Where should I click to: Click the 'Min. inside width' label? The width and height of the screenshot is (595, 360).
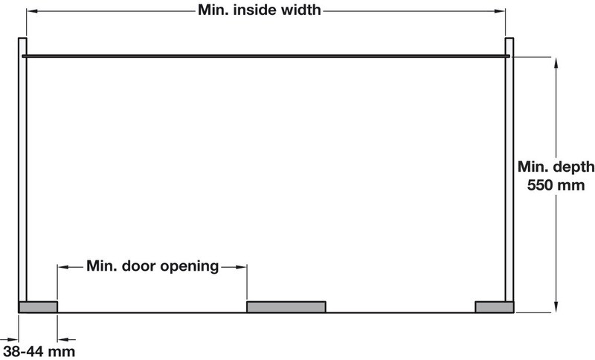pos(260,10)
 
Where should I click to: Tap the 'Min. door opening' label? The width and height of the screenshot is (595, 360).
pos(152,266)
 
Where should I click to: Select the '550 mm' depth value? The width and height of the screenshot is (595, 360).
pos(556,185)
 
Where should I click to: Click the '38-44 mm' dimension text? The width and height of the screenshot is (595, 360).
pos(39,352)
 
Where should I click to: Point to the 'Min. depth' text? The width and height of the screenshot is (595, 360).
pos(556,167)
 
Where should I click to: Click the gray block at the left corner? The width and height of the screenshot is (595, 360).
pos(39,307)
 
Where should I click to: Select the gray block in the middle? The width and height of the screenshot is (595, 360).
pos(286,307)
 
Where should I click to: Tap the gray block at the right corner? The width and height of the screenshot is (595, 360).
pos(495,307)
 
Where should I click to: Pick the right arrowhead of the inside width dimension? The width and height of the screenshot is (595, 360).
pos(500,11)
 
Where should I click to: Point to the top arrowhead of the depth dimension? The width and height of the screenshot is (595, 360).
pos(556,63)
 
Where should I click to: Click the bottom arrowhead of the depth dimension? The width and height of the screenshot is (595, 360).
pos(556,307)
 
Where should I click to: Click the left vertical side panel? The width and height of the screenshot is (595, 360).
pos(23,170)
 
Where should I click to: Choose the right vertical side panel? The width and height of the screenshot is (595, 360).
pos(509,170)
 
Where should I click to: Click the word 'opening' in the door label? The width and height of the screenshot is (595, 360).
pos(190,267)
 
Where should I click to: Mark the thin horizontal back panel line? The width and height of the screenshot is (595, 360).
pos(266,56)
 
